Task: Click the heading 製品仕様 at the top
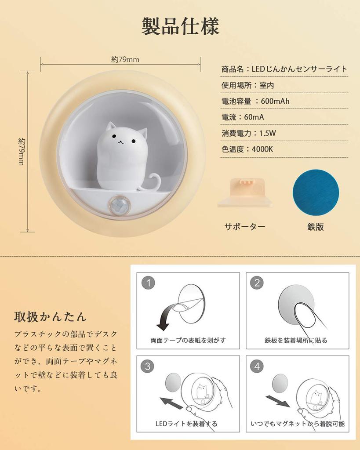[180, 26]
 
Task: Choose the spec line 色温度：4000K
[247, 149]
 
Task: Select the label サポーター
[244, 227]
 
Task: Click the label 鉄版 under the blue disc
[315, 227]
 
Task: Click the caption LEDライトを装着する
[186, 424]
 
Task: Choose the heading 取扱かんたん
[50, 316]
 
